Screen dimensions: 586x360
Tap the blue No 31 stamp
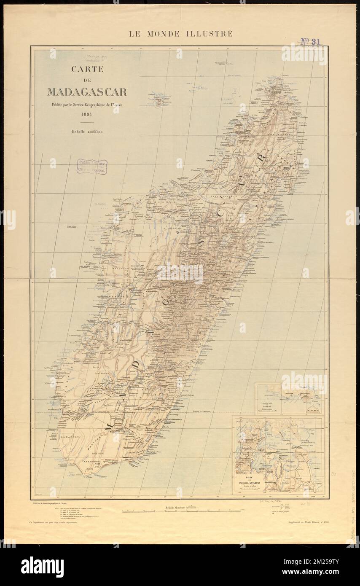tap(311, 41)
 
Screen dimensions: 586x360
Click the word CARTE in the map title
tap(87, 69)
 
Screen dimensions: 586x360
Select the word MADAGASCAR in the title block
tap(87, 92)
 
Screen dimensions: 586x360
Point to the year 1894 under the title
tap(87, 114)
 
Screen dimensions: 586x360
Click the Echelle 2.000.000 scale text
tap(87, 132)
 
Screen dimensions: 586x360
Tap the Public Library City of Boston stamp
tap(92, 167)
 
